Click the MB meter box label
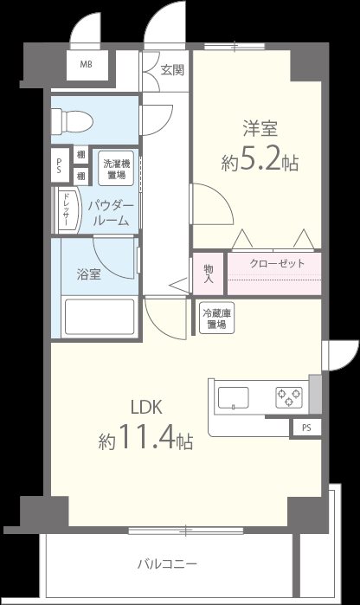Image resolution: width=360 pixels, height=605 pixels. click(87, 65)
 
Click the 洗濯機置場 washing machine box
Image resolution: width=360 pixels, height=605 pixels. click(112, 168)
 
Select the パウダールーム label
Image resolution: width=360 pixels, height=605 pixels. click(111, 212)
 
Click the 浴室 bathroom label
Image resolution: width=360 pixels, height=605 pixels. click(88, 274)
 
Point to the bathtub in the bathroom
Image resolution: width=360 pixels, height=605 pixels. click(100, 318)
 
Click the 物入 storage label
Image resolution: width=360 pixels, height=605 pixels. click(209, 274)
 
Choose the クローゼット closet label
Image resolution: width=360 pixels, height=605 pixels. click(276, 264)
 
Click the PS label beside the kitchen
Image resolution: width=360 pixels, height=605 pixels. click(305, 428)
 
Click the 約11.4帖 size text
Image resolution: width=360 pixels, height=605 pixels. click(145, 441)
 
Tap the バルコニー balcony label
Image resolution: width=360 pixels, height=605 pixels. click(167, 564)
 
